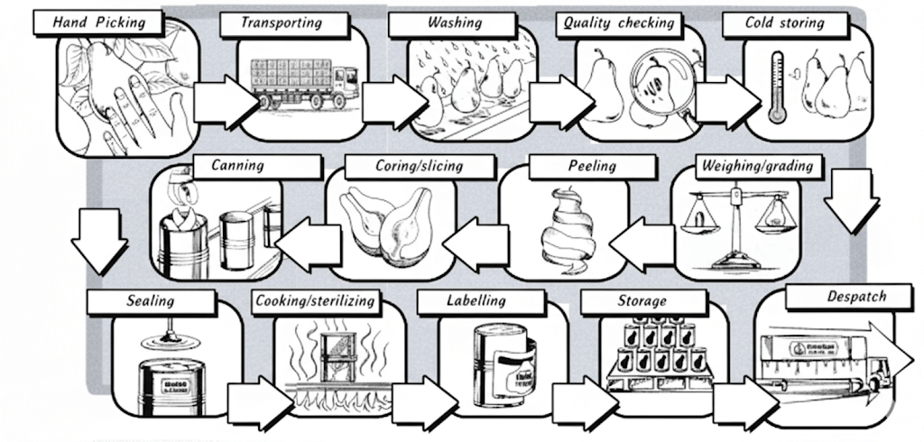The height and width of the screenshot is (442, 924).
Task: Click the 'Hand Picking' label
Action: tap(99, 23)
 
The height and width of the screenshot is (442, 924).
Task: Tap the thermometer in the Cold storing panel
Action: tap(775, 87)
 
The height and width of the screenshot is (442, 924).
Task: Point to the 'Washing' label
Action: tap(454, 23)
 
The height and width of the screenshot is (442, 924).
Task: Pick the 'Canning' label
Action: tap(237, 166)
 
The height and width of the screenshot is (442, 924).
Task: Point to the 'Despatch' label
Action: tap(856, 297)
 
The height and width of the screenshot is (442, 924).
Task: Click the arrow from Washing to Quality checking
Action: tap(554, 102)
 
